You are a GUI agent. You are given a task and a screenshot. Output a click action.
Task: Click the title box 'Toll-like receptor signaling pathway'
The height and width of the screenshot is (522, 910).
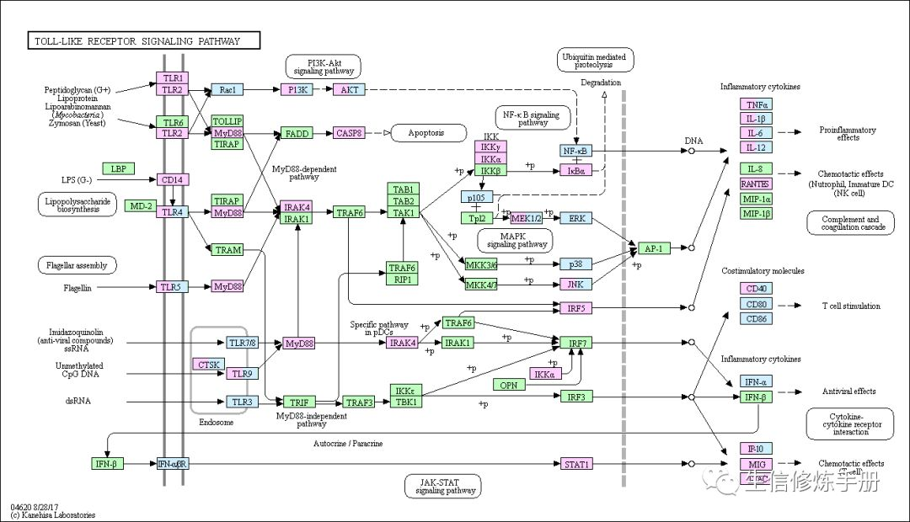coord(143,40)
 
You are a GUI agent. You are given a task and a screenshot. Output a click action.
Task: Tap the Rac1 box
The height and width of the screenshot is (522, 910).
coord(226,89)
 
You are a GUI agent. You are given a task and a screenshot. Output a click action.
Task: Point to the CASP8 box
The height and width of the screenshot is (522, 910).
coord(349,133)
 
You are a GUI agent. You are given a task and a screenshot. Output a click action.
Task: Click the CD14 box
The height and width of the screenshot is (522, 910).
coord(171,178)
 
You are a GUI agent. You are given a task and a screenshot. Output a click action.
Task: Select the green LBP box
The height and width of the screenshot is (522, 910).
coord(119,168)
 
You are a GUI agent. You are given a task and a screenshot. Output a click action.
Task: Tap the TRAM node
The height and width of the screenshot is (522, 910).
coord(227,250)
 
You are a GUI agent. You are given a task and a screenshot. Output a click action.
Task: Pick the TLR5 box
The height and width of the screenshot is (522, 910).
coord(171,287)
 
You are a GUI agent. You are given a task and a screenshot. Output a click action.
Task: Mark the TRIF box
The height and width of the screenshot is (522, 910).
coord(297,402)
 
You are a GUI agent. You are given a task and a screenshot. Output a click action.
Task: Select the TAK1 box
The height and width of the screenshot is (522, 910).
coord(404,213)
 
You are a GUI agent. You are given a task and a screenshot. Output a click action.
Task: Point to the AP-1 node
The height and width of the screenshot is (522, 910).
coord(653,248)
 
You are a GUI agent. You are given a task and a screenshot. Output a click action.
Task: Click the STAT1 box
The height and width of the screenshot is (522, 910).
coord(577,464)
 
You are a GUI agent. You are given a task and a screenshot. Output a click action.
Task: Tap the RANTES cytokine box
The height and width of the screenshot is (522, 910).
coord(755,184)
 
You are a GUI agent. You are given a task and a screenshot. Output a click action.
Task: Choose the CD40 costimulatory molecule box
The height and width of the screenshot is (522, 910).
coord(755,289)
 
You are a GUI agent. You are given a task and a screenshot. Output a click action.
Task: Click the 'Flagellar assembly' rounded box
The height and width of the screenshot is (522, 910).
coord(77,265)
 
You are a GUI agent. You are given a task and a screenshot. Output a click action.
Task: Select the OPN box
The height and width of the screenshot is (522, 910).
coord(509,385)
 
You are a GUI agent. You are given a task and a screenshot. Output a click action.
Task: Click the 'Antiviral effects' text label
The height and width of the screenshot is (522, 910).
coord(848,391)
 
